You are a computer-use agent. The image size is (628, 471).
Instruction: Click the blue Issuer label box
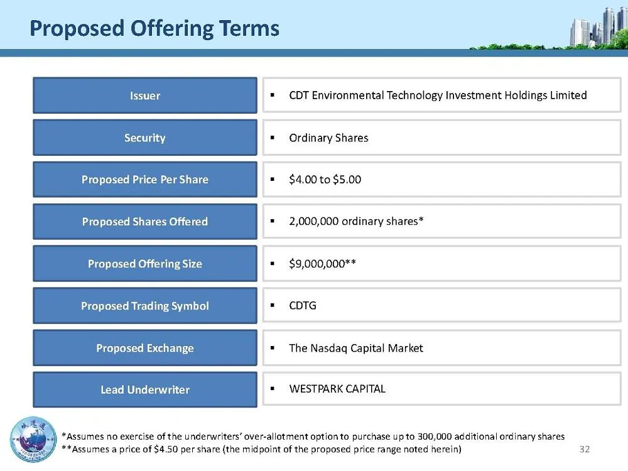coord(145,95)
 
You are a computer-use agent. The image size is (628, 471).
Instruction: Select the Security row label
coord(145,138)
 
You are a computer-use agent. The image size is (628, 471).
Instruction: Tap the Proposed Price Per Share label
coord(145,180)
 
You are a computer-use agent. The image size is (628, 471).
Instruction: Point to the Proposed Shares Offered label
coord(145,222)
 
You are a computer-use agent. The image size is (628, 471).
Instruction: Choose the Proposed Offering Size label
coord(145,264)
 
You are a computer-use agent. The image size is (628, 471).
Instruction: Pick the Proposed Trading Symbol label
coord(145,306)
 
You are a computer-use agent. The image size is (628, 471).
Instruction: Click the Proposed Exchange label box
coord(145,348)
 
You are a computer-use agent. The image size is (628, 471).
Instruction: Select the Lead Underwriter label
coord(145,390)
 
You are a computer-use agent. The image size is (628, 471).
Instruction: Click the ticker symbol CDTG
coord(303,306)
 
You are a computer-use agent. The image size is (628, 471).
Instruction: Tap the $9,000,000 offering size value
coord(317,264)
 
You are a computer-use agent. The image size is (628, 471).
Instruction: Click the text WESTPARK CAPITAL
coord(337,389)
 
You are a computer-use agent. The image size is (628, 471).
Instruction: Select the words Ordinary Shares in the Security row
coord(328,138)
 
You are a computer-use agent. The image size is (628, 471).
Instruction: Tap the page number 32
coord(585,450)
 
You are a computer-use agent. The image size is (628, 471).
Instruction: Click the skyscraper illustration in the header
coord(598,27)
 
